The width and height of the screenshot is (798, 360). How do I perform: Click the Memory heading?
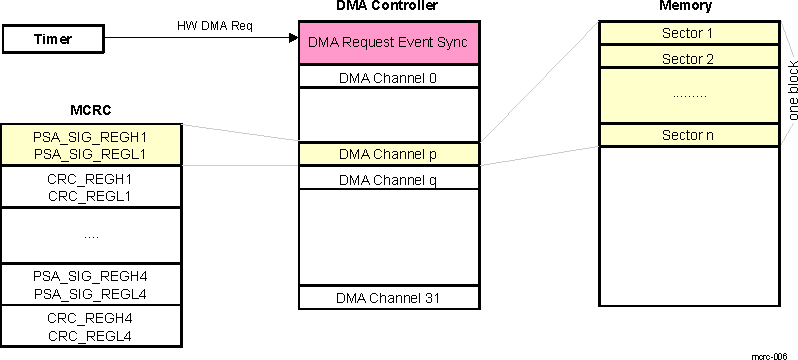pyautogui.click(x=687, y=7)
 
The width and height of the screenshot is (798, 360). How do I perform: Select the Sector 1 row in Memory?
pyautogui.click(x=688, y=33)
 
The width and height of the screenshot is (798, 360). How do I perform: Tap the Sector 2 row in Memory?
pyautogui.click(x=688, y=58)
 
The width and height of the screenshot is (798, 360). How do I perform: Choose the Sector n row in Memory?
pyautogui.click(x=688, y=135)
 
